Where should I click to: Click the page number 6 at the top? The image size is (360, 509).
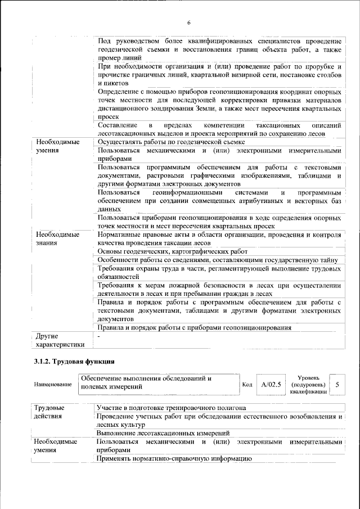click(188, 22)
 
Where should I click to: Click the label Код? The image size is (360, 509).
click(246, 385)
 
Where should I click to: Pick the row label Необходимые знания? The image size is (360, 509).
click(57, 238)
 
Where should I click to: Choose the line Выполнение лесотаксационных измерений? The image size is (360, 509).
click(164, 434)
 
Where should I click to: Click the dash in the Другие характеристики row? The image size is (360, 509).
click(99, 336)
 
